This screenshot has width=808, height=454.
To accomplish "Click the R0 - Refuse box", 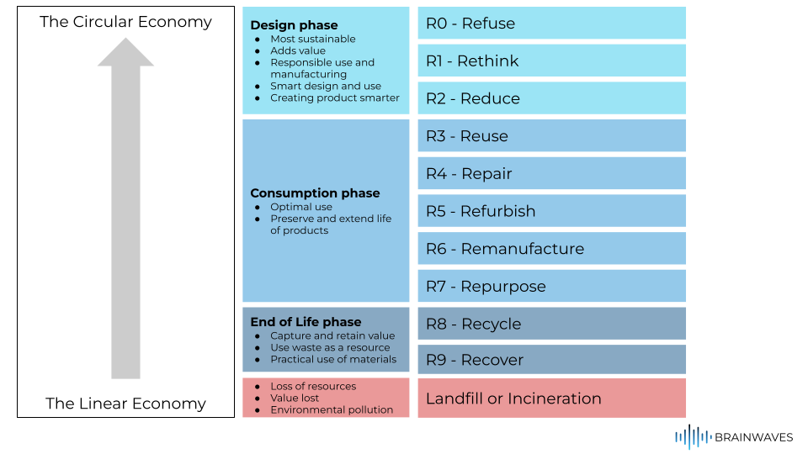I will [551, 24].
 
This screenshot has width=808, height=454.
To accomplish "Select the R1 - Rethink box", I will [551, 61].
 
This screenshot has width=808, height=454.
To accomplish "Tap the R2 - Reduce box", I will [551, 98].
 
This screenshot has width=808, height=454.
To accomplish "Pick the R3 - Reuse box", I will [551, 136].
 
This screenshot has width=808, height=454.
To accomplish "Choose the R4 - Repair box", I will [551, 173].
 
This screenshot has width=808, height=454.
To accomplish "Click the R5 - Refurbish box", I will [551, 211].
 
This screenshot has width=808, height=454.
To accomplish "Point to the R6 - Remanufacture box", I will [551, 249].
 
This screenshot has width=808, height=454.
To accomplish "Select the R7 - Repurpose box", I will [551, 286].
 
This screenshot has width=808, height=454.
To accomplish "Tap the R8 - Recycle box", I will [551, 324].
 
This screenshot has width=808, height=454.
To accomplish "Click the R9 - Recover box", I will [551, 360].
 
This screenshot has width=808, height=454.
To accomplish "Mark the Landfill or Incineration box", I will [551, 399].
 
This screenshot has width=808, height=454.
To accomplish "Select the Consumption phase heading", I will [315, 193].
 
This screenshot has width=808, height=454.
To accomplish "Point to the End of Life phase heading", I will [306, 322].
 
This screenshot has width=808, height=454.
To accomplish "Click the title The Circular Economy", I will [125, 22].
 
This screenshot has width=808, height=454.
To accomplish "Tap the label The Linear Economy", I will [125, 404].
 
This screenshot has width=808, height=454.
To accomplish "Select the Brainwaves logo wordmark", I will [753, 437].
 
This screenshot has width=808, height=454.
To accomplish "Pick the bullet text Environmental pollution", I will [332, 410].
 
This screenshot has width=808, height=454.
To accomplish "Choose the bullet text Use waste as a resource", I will [330, 347].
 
